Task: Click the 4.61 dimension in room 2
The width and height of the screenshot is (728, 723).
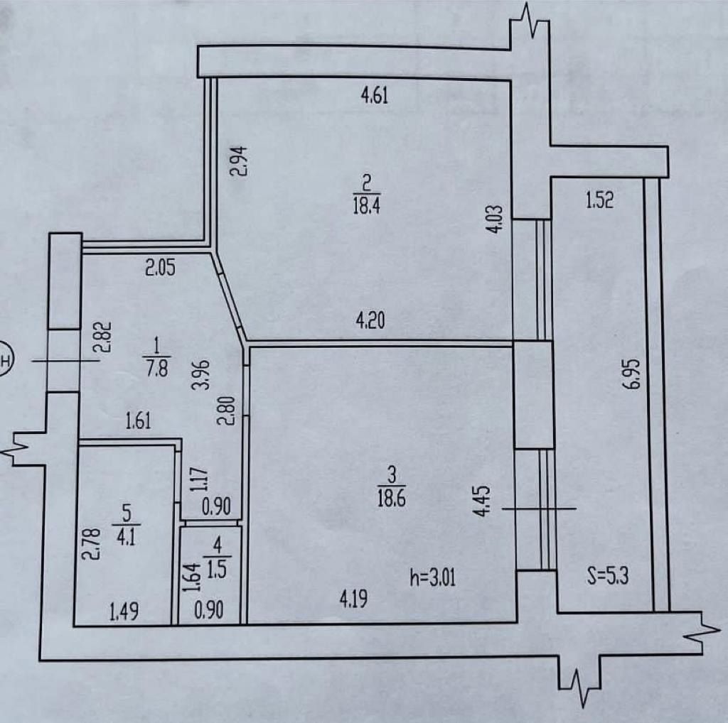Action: (374, 95)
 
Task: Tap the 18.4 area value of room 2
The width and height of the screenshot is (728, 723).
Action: (366, 205)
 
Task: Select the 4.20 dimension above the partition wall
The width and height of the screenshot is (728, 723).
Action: (370, 321)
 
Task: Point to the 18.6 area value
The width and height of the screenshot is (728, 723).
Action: (392, 498)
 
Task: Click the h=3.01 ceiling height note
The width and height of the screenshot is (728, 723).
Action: (432, 578)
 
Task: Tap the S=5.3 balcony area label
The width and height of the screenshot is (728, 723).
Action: (608, 577)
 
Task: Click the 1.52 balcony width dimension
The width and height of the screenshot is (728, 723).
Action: (600, 200)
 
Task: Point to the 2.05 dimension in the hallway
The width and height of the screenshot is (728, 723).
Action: (160, 268)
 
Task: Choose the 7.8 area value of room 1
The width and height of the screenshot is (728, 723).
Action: (157, 369)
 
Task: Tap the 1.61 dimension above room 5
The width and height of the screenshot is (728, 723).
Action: (139, 422)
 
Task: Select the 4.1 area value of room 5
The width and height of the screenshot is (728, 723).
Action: (126, 538)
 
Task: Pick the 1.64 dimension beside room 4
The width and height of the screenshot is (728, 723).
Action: (192, 577)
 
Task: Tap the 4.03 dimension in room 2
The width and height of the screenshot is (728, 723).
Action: (495, 219)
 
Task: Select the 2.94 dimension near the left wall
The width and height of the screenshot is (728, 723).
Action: (240, 161)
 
